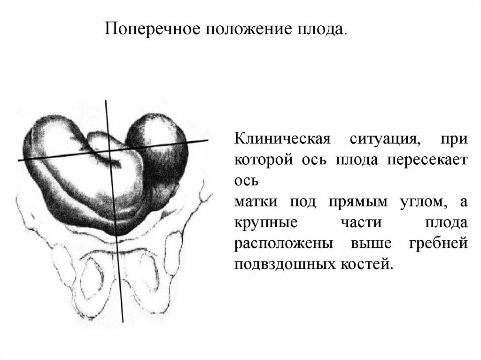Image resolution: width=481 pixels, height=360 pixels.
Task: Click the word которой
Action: (x=261, y=160)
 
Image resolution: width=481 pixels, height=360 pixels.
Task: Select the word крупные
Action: (x=266, y=222)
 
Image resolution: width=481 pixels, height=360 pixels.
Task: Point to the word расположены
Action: (x=283, y=244)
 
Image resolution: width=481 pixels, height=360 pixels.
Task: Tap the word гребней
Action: (x=435, y=244)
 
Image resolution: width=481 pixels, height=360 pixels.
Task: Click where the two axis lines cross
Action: (x=109, y=152)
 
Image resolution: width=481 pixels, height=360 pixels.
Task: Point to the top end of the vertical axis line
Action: (x=106, y=101)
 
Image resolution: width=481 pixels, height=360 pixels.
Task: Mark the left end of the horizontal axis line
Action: (x=19, y=161)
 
